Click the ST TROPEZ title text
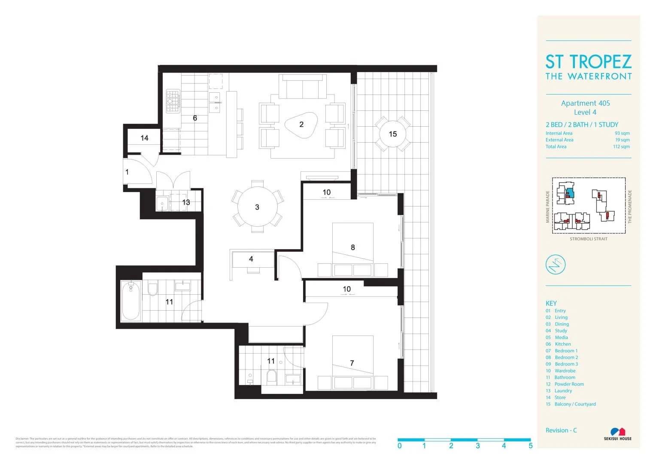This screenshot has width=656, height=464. [588, 62]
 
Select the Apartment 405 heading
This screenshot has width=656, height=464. [585, 103]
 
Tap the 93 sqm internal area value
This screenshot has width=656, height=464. [622, 133]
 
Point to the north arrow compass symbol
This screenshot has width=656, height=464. [555, 264]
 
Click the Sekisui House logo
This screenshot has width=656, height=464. [617, 433]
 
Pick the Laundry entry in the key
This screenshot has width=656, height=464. [563, 391]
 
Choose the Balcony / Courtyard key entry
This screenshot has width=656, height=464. [575, 404]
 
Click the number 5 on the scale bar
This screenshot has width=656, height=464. [530, 446]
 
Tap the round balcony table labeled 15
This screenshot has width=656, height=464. [392, 134]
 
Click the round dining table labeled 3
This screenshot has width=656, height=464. [257, 207]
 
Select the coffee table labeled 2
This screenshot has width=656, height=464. [301, 125]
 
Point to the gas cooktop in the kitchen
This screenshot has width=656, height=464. [173, 101]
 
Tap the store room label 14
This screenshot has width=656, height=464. [144, 138]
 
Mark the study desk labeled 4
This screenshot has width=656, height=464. [252, 260]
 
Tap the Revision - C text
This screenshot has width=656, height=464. [561, 430]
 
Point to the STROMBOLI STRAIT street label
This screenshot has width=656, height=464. [588, 239]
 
